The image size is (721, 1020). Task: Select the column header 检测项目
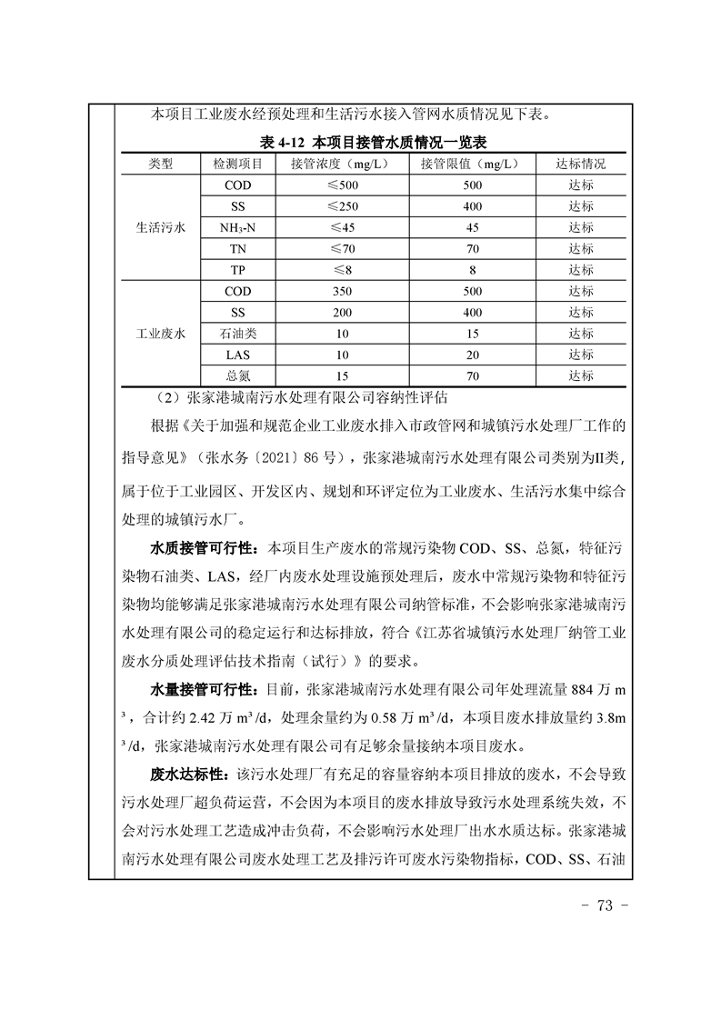237,164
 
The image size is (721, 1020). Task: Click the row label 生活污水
160,227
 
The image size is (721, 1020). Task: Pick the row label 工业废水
160,334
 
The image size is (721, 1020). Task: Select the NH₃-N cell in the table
237,227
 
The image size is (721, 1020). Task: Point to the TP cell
237,270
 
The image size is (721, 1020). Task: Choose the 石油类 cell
237,334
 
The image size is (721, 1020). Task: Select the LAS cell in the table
237,355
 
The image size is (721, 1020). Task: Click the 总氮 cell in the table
237,375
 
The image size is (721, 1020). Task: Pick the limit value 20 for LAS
472,355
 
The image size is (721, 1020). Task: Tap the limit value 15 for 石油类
472,334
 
